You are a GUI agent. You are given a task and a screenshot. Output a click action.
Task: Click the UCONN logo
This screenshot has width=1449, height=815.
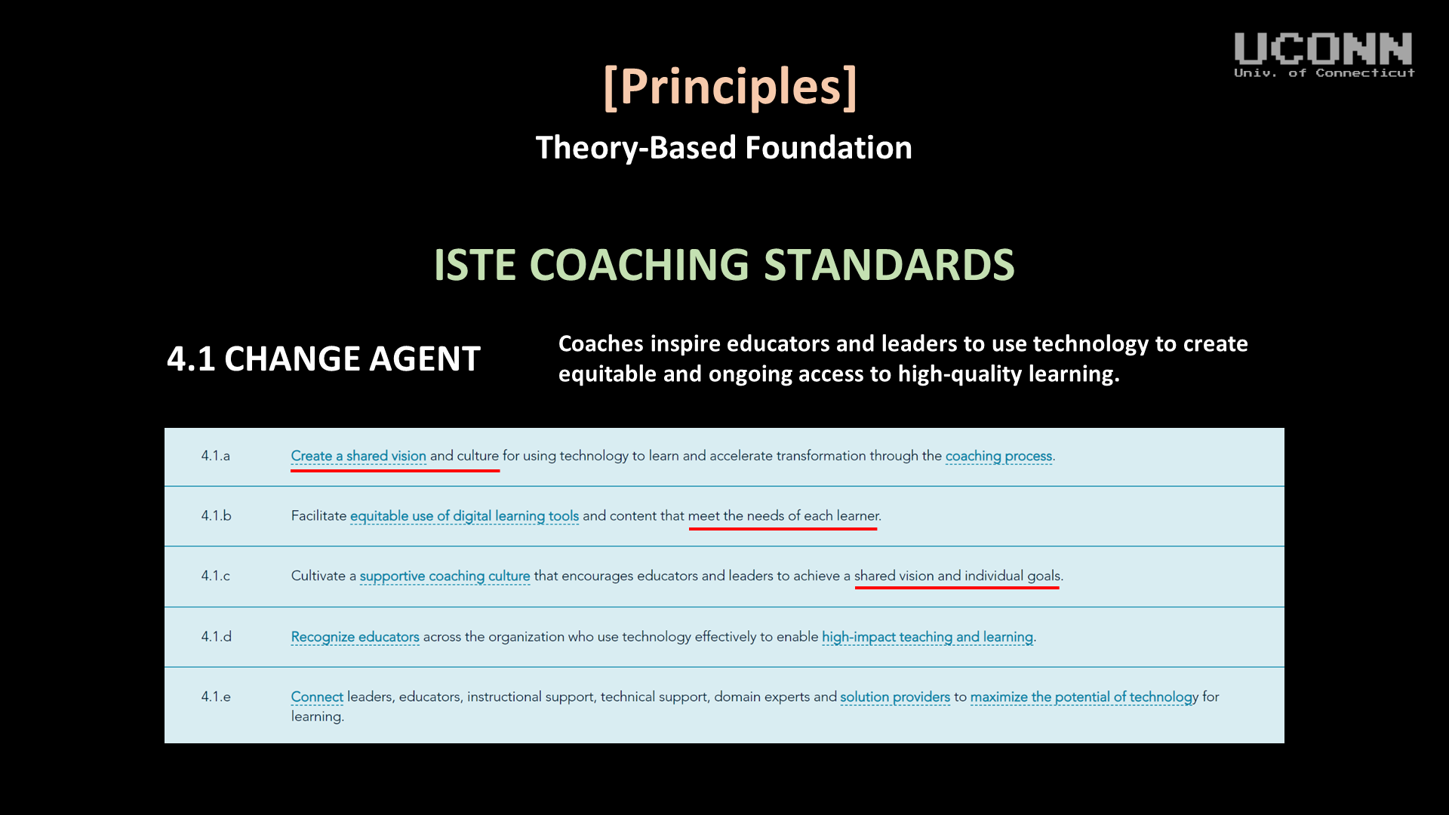coord(1324,54)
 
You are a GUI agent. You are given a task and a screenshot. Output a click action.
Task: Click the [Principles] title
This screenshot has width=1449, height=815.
coord(730,87)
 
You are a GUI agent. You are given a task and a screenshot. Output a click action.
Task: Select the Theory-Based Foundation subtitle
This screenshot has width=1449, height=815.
coord(724,148)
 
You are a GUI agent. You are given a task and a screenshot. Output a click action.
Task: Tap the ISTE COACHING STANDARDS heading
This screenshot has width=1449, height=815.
coord(724,265)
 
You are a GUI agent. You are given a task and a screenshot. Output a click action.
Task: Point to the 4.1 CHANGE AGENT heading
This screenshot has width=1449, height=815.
coord(324,358)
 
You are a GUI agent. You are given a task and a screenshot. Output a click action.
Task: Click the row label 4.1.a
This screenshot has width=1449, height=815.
coord(216,456)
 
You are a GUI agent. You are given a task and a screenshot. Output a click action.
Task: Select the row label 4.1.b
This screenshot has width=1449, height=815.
coord(217,515)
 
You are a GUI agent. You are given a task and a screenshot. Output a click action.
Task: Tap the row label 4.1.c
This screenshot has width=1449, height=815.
coord(216,576)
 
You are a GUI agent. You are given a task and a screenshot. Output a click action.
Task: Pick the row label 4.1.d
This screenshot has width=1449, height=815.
coord(217,636)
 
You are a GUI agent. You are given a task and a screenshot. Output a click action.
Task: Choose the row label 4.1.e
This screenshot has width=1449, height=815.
coord(216,697)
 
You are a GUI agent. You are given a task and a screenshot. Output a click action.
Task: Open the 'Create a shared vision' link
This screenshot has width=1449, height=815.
coord(358,456)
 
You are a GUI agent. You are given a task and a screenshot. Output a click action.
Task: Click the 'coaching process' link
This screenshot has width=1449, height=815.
coord(998,457)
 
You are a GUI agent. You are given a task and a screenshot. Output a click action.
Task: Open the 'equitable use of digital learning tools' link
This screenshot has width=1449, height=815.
coord(464,516)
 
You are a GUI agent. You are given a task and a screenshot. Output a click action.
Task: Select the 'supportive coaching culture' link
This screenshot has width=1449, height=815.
coord(445,577)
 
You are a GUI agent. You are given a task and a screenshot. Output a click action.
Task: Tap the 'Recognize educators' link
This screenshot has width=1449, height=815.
coord(355,637)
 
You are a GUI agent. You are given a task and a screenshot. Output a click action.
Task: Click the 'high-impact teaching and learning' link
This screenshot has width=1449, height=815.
coord(927,638)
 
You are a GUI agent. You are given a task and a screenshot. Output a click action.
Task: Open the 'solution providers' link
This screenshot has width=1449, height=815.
coord(895,697)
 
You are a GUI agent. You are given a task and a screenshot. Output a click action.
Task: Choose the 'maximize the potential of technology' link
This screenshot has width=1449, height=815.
coord(1084,697)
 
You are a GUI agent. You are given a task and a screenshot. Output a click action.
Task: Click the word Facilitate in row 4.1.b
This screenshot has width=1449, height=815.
coord(318,515)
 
